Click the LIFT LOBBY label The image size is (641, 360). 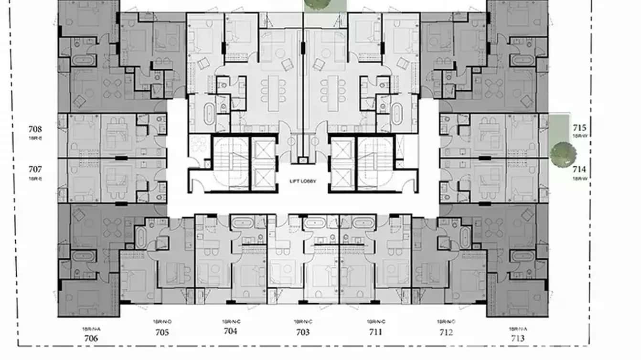[303, 181]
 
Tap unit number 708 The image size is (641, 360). [35, 129]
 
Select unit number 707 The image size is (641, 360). [35, 169]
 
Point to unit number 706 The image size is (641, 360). [91, 338]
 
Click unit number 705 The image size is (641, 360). [162, 332]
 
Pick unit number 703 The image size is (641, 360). [303, 332]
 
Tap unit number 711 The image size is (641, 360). [375, 332]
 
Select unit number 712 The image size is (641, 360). [446, 332]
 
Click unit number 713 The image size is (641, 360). [517, 338]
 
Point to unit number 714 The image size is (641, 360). [580, 169]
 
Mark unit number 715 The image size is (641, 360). [580, 128]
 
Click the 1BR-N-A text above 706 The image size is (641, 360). [90, 329]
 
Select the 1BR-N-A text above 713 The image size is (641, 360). [517, 329]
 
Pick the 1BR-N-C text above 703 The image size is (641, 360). [303, 322]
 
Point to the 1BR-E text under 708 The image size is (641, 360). [35, 137]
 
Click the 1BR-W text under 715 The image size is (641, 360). [580, 137]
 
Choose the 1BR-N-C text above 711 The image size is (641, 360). [376, 322]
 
